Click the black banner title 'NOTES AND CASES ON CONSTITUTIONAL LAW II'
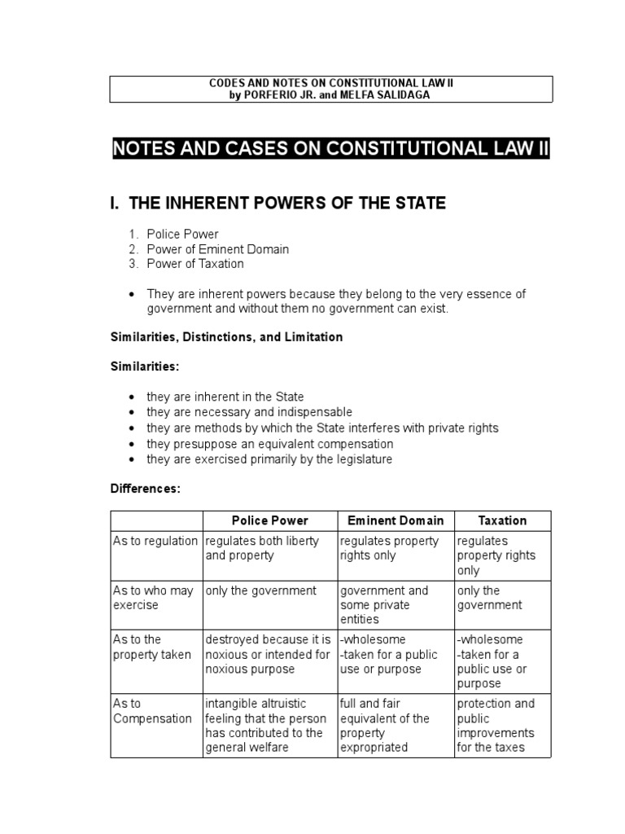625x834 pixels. (x=330, y=149)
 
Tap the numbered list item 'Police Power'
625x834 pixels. (x=182, y=235)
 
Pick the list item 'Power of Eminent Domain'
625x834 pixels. (x=217, y=249)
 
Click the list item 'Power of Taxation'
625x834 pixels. (x=195, y=264)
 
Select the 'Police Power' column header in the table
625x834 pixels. (x=269, y=520)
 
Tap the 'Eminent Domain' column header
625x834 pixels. (x=396, y=520)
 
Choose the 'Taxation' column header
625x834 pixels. (x=502, y=520)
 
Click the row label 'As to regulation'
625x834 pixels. (x=155, y=541)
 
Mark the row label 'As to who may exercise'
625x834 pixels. (x=153, y=598)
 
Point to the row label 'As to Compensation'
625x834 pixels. (x=153, y=711)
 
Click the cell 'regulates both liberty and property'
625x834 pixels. (x=262, y=548)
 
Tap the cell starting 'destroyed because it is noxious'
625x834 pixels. (x=268, y=654)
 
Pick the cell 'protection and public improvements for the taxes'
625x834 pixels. (x=496, y=726)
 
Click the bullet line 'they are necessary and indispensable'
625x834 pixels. (x=249, y=412)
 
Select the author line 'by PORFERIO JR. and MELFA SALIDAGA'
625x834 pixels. (x=330, y=95)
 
